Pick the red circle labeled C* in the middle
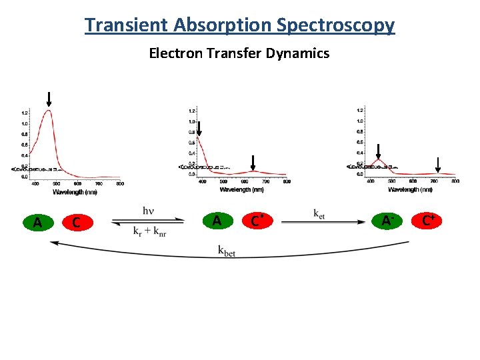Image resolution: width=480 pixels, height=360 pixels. [255, 221]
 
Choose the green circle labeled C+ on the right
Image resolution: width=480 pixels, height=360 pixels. [428, 220]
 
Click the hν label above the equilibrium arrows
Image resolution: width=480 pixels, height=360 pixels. [148, 211]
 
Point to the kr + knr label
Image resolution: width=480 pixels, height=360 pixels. [149, 231]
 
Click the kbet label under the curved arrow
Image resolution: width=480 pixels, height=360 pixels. [227, 251]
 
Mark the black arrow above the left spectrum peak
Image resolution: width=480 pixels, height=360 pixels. [49, 99]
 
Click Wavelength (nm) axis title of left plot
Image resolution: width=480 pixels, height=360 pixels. [75, 192]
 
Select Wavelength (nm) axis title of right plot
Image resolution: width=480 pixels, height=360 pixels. [410, 189]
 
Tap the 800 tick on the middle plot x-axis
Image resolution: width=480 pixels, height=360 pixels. [287, 181]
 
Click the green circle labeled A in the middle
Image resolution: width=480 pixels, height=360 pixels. [216, 221]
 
